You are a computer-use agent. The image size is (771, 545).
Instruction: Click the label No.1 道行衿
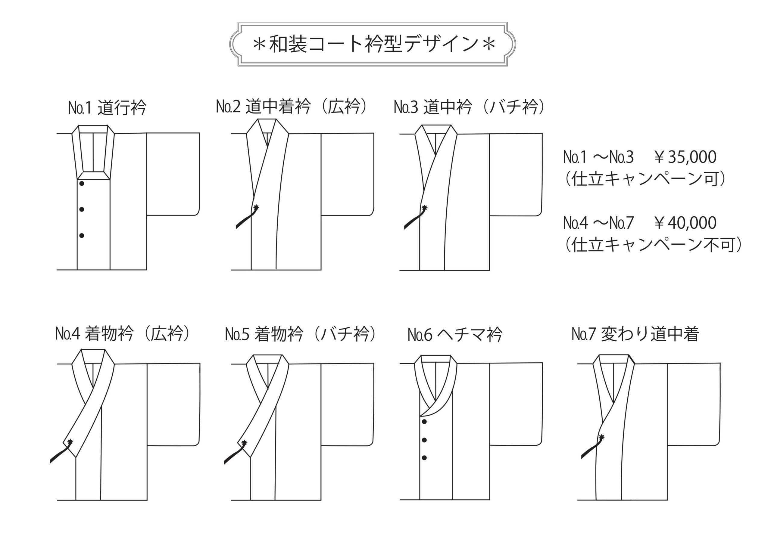[x=107, y=108]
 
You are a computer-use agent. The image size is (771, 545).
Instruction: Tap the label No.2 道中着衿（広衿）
[x=292, y=107]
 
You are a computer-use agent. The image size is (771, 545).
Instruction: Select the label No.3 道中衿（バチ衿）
[x=469, y=107]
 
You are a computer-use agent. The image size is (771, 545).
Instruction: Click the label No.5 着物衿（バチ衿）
[x=301, y=334]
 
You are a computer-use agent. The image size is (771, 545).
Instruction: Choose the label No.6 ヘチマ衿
[x=455, y=335]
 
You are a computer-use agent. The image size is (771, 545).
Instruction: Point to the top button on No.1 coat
[x=82, y=184]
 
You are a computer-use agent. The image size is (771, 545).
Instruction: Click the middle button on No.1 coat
[x=82, y=209]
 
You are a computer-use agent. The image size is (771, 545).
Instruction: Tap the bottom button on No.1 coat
[x=82, y=236]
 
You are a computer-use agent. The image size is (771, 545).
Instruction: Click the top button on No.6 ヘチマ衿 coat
[x=424, y=422]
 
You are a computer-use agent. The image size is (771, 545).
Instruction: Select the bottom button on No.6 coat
[x=424, y=458]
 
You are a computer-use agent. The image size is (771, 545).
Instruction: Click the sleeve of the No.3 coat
[x=515, y=175]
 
